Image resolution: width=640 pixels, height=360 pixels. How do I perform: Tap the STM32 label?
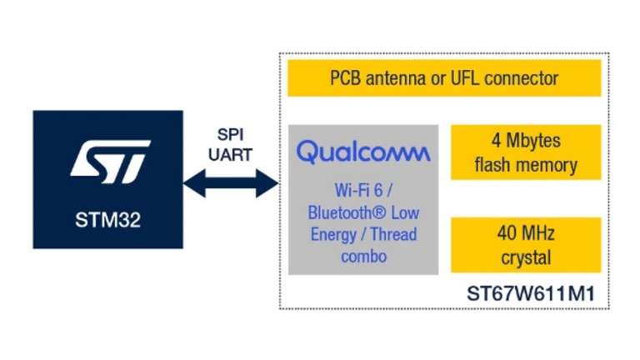point(107,222)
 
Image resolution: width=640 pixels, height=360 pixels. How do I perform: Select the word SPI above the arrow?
point(230,136)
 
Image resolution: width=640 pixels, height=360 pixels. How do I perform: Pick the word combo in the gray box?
point(363,256)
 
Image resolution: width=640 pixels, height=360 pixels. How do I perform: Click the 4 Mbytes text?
point(526,141)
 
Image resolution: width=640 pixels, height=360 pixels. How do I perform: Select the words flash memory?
point(526,164)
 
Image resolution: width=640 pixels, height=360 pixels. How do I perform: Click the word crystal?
point(526,257)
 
